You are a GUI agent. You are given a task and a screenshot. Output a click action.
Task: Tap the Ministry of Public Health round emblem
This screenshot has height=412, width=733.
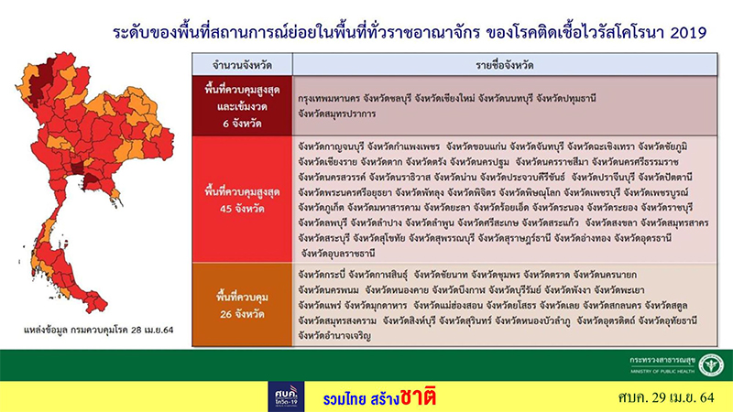coord(706,364)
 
